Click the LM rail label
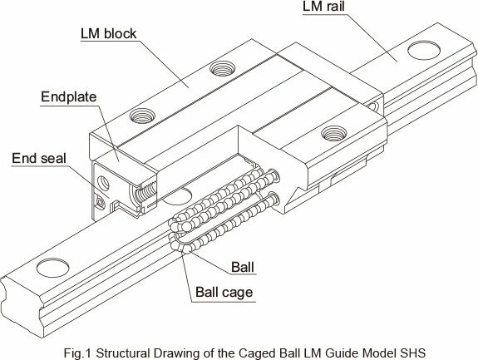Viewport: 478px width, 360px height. (323, 7)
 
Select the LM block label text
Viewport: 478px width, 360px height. (109, 33)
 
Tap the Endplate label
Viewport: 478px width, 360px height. (69, 97)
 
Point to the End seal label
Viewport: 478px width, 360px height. (39, 159)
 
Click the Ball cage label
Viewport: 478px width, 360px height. (224, 292)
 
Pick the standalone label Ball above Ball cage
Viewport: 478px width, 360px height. (243, 267)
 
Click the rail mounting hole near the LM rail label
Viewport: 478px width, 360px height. (424, 50)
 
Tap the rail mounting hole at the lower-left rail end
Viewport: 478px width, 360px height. (52, 268)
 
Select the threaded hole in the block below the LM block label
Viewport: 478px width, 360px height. (223, 68)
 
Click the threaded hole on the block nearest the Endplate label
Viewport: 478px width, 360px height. (142, 116)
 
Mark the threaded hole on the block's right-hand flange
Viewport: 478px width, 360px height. (334, 133)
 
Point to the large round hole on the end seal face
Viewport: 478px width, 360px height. (103, 183)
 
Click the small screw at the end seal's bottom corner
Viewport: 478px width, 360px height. (100, 202)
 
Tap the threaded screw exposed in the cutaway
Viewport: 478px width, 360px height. (145, 193)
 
